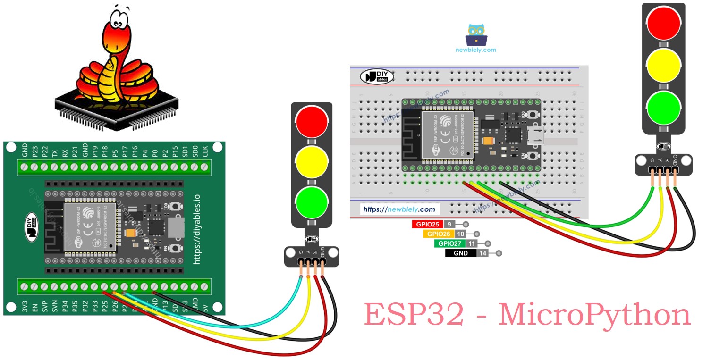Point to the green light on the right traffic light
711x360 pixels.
point(664,108)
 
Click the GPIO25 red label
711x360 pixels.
point(428,225)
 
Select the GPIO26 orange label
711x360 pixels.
point(439,234)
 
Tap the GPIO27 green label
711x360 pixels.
point(449,244)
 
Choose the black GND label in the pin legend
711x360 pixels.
point(460,253)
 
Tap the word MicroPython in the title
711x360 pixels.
point(594,316)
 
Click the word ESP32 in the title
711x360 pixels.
point(414,316)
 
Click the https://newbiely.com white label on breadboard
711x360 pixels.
point(399,209)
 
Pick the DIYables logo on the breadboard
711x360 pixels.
point(377,77)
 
